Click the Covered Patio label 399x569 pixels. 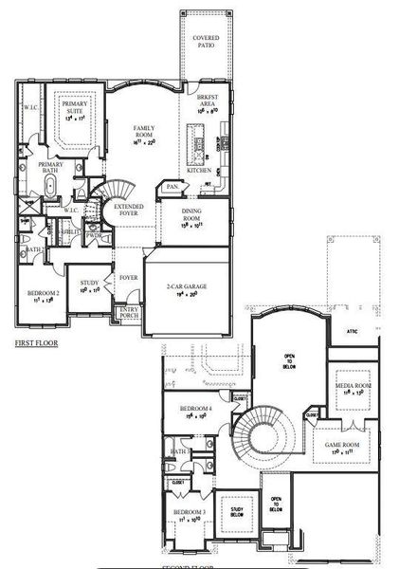click(207, 41)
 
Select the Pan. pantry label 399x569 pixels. click(173, 188)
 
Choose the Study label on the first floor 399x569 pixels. click(90, 283)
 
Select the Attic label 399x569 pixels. click(352, 332)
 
